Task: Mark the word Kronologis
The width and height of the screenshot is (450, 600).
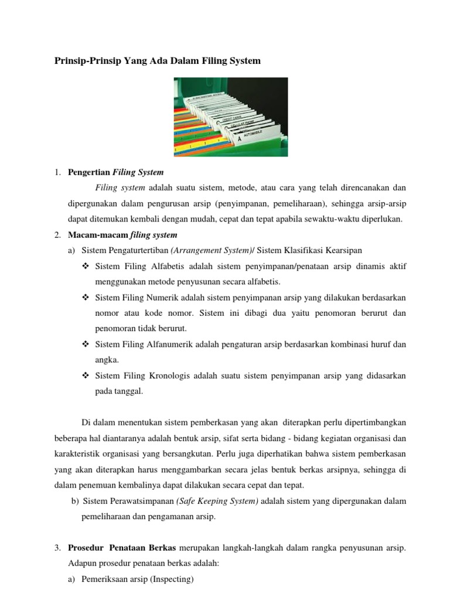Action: coord(165,375)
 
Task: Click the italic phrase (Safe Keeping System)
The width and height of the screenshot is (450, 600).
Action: coord(220,501)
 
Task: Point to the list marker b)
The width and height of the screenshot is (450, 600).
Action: coord(74,501)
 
